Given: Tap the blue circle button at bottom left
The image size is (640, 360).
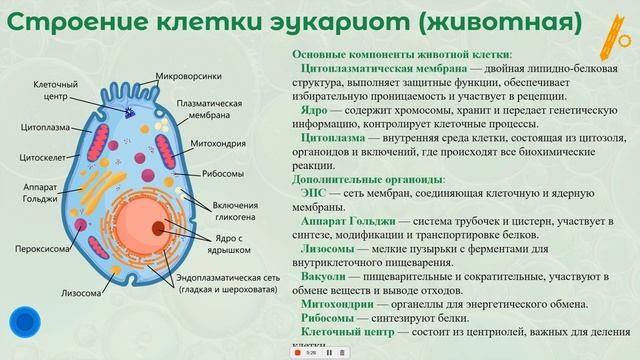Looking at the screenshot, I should tap(23, 322).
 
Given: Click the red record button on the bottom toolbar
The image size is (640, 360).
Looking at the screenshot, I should tap(297, 352).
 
